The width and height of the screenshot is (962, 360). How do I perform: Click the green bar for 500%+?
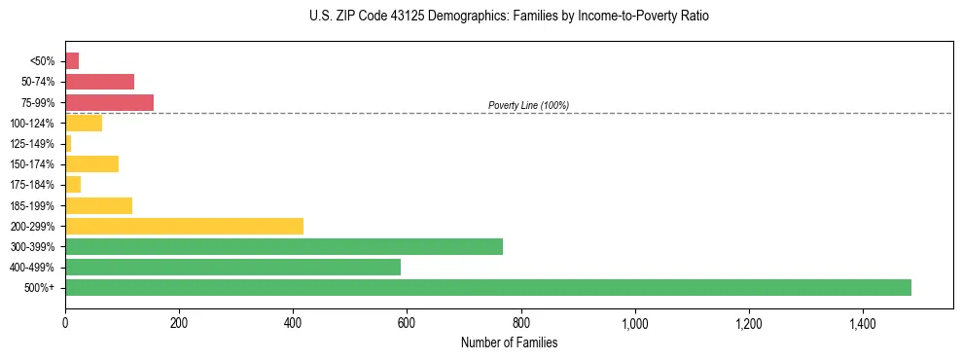click(487, 287)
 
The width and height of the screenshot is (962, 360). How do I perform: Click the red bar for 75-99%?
click(109, 102)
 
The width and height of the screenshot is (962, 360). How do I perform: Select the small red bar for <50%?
click(72, 61)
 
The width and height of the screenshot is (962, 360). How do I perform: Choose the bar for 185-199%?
click(98, 205)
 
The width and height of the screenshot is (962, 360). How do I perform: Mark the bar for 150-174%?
click(91, 163)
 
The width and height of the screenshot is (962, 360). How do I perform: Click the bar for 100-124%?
click(84, 123)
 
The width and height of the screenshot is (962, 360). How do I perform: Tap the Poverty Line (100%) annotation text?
click(528, 105)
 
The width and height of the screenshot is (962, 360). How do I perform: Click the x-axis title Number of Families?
click(509, 342)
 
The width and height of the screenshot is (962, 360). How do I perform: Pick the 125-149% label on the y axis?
click(33, 144)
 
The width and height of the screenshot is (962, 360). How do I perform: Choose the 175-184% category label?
click(33, 185)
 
